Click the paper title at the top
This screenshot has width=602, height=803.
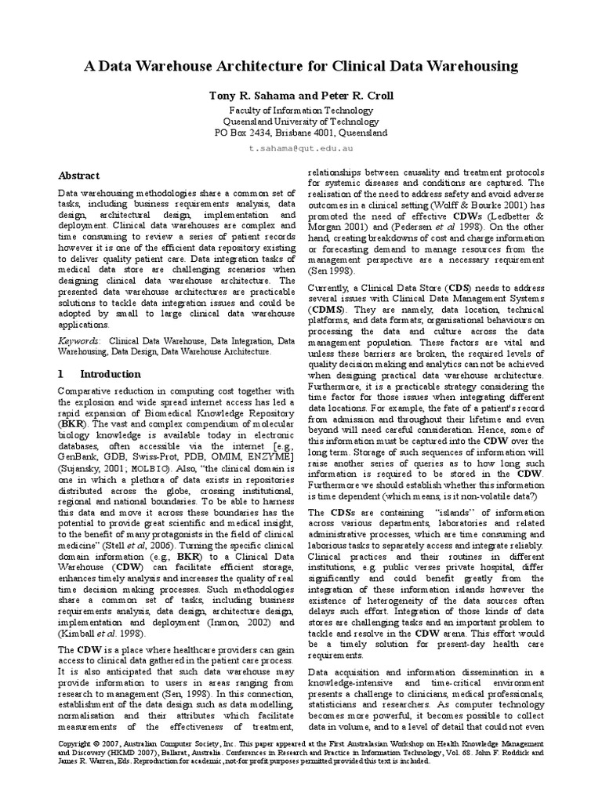pos(301,67)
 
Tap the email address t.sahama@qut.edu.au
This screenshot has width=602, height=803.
pos(301,147)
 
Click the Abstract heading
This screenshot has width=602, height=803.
pos(79,176)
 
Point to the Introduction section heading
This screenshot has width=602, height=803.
pos(110,375)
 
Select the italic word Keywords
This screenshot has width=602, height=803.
pos(79,342)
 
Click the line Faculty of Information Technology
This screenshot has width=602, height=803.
pos(301,111)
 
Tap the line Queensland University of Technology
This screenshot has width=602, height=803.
pos(301,122)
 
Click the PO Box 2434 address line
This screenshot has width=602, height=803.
pos(301,133)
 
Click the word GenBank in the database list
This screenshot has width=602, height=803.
pos(81,457)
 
